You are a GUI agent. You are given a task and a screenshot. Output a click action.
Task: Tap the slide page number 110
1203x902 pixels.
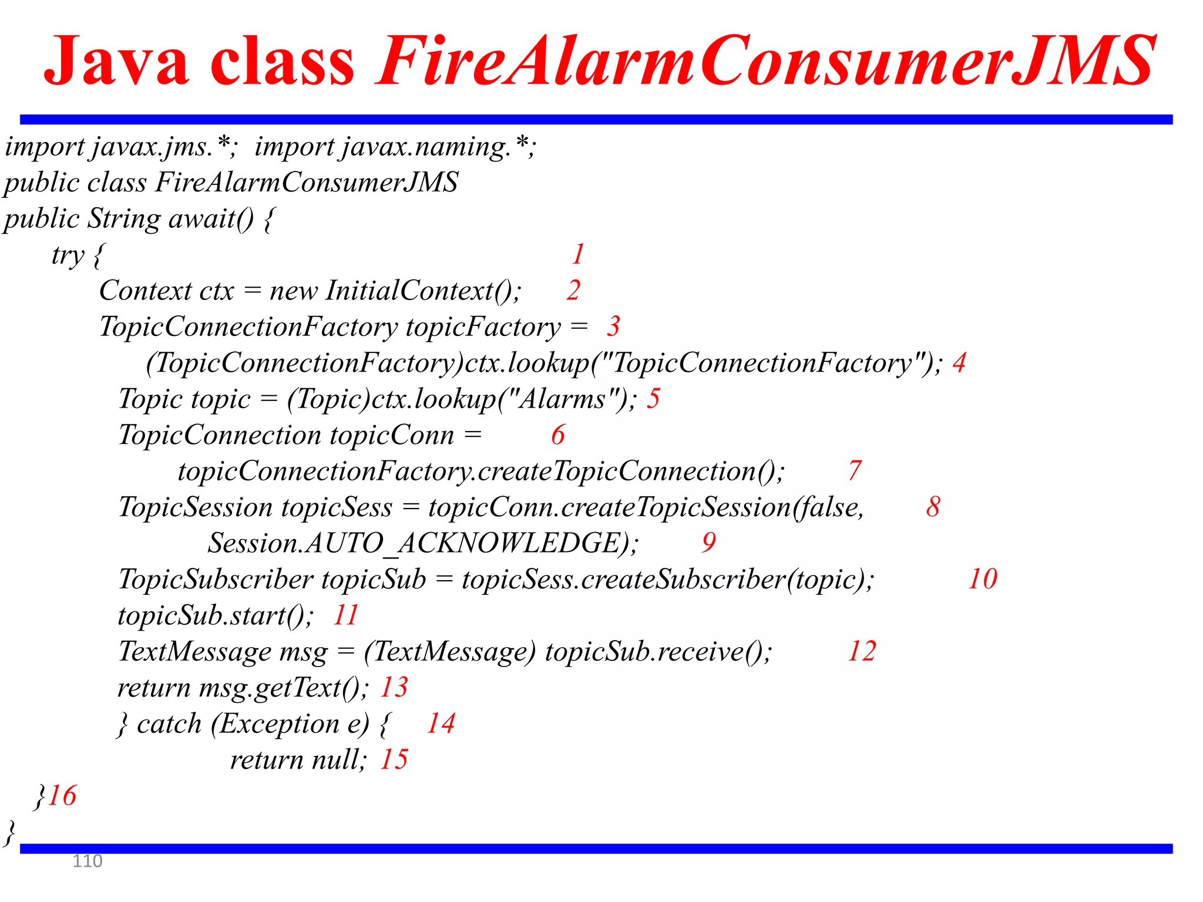pyautogui.click(x=87, y=861)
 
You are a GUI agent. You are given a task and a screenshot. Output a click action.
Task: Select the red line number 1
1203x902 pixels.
pyautogui.click(x=578, y=254)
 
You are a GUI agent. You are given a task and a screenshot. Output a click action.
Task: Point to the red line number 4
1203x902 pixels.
pyautogui.click(x=959, y=363)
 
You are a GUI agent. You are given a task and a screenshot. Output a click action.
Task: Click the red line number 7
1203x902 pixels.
pyautogui.click(x=855, y=471)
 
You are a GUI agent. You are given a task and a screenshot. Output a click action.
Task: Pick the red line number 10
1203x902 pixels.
pyautogui.click(x=982, y=579)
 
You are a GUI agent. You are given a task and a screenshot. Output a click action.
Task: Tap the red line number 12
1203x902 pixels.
pyautogui.click(x=862, y=651)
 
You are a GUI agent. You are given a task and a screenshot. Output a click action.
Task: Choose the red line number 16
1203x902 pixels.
pyautogui.click(x=62, y=796)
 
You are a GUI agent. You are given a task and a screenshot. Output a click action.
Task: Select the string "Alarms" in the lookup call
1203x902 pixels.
pyautogui.click(x=562, y=399)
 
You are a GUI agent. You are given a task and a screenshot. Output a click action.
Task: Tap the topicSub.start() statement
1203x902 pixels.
pyautogui.click(x=215, y=615)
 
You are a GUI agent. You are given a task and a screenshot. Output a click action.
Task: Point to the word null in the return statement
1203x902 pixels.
pyautogui.click(x=338, y=760)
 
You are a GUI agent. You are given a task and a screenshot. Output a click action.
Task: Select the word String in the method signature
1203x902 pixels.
pyautogui.click(x=123, y=218)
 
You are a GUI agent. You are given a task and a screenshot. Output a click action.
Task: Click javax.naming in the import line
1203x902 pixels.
pyautogui.click(x=426, y=147)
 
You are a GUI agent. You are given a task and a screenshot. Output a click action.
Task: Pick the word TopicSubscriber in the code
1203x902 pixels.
pyautogui.click(x=215, y=580)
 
